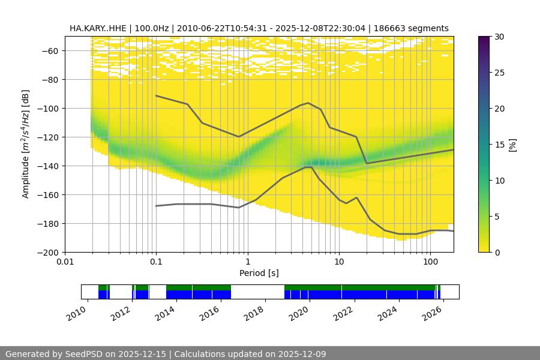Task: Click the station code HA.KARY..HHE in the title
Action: click(98, 28)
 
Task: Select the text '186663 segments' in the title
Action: click(411, 28)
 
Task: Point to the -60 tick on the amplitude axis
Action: click(52, 51)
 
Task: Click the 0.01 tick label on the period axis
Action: click(65, 262)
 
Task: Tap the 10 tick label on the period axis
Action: click(339, 262)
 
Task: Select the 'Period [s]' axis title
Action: click(259, 273)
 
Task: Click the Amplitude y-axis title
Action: click(25, 144)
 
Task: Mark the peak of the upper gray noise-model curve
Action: click(308, 103)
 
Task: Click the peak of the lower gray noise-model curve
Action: click(308, 167)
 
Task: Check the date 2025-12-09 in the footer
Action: click(299, 354)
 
